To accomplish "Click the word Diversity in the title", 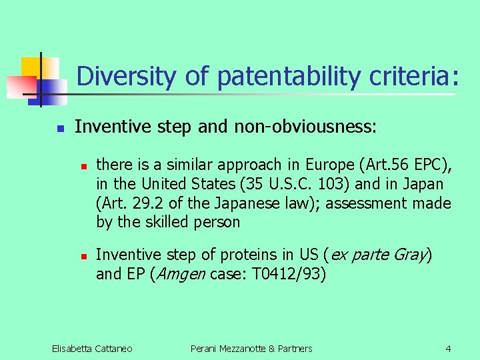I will click(127, 77).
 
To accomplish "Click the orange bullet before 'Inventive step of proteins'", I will click(82, 255).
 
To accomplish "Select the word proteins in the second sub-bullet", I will click(243, 254).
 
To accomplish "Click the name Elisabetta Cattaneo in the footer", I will click(92, 348).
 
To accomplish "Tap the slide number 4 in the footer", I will click(448, 348).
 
